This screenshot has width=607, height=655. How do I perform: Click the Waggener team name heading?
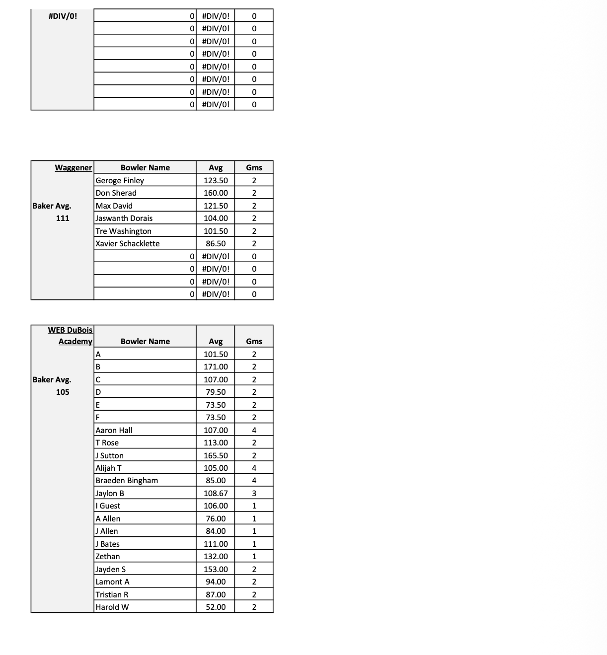(x=74, y=167)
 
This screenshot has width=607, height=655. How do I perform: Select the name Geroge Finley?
(x=120, y=180)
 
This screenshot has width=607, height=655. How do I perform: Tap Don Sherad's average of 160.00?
(x=216, y=193)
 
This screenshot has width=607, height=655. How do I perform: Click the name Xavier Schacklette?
(x=128, y=243)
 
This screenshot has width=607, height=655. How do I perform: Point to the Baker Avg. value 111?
(x=63, y=218)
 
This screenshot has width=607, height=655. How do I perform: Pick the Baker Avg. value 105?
(x=63, y=392)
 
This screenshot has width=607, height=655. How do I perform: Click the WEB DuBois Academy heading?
(x=71, y=335)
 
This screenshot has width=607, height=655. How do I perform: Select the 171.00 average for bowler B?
(x=216, y=366)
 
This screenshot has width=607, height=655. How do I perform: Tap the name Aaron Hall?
(x=114, y=430)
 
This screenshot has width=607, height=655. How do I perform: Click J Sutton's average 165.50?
(x=216, y=455)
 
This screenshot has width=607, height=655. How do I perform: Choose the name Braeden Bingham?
(x=127, y=480)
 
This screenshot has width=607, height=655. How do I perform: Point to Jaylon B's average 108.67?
(x=216, y=493)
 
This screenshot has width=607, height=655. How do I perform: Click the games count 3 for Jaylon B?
(x=254, y=493)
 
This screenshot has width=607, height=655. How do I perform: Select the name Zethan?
(x=108, y=556)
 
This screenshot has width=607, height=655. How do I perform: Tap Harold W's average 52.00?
(x=216, y=607)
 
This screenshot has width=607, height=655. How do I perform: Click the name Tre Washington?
(x=123, y=231)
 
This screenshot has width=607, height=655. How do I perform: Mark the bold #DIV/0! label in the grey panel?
(x=63, y=16)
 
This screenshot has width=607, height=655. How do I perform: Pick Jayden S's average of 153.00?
(x=216, y=569)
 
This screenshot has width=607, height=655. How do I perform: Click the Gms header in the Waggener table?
(x=254, y=167)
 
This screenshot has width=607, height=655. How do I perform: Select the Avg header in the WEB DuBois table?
(x=216, y=341)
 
